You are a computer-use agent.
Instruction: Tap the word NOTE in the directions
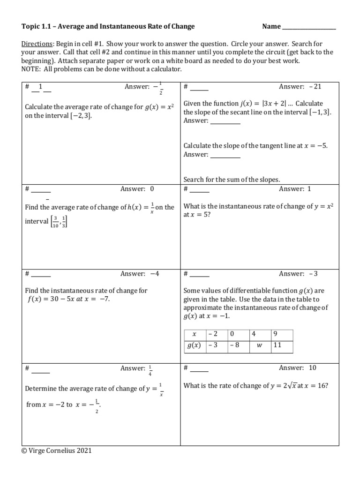point(30,69)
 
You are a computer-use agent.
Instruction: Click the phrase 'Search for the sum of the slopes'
point(232,179)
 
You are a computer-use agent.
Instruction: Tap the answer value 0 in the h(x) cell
point(152,189)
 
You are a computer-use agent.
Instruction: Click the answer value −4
point(155,274)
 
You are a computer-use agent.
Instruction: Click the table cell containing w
point(260,346)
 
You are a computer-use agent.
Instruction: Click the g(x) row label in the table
point(194,346)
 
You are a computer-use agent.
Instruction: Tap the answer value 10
point(313,368)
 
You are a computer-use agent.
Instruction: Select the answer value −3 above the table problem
point(314,274)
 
